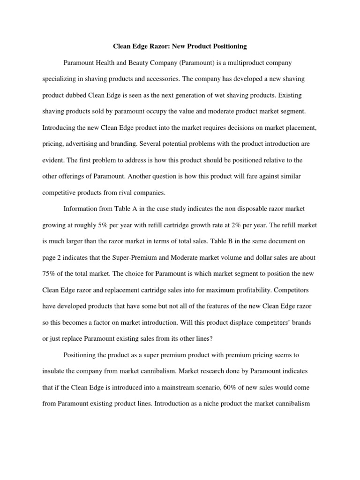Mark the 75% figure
49,274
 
